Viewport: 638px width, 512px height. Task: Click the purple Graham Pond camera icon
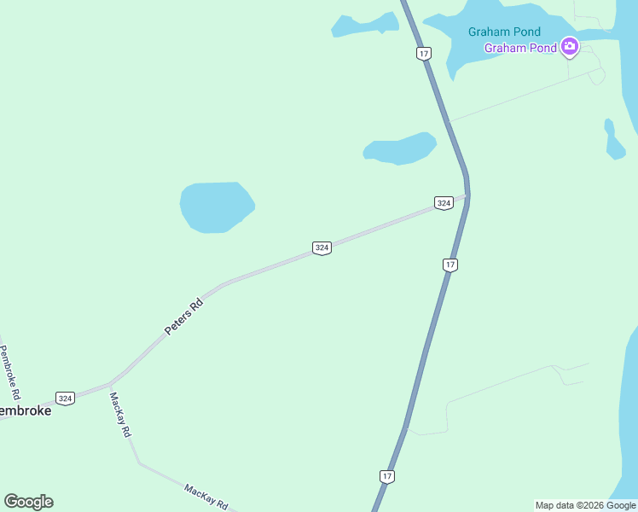point(570,48)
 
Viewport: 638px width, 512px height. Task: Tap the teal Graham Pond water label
point(504,32)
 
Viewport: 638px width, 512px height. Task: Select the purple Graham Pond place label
point(520,48)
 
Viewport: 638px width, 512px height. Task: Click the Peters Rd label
point(184,316)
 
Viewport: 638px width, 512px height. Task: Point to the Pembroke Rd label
point(9,373)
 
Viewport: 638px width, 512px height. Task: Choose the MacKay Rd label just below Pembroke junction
point(120,415)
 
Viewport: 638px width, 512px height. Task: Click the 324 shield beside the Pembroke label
point(65,398)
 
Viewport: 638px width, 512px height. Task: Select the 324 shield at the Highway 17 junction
point(443,203)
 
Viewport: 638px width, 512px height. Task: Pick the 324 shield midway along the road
point(322,248)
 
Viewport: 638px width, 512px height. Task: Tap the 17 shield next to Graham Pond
point(424,54)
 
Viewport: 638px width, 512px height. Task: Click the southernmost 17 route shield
point(387,476)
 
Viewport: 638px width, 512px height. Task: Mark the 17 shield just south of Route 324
point(450,265)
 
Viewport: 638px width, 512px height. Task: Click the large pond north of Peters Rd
point(216,207)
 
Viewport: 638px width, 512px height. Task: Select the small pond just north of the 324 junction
point(399,148)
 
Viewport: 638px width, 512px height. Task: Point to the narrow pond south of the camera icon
point(613,143)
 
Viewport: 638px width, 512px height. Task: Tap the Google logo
point(28,502)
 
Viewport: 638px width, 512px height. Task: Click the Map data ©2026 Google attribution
point(585,505)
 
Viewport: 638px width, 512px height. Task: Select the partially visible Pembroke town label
point(25,410)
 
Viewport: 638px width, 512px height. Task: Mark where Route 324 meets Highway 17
point(467,196)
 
